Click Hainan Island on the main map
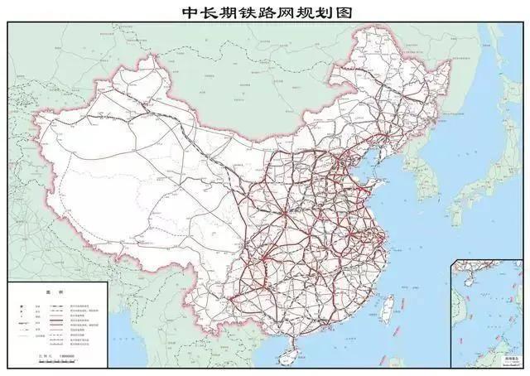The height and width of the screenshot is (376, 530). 287,354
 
